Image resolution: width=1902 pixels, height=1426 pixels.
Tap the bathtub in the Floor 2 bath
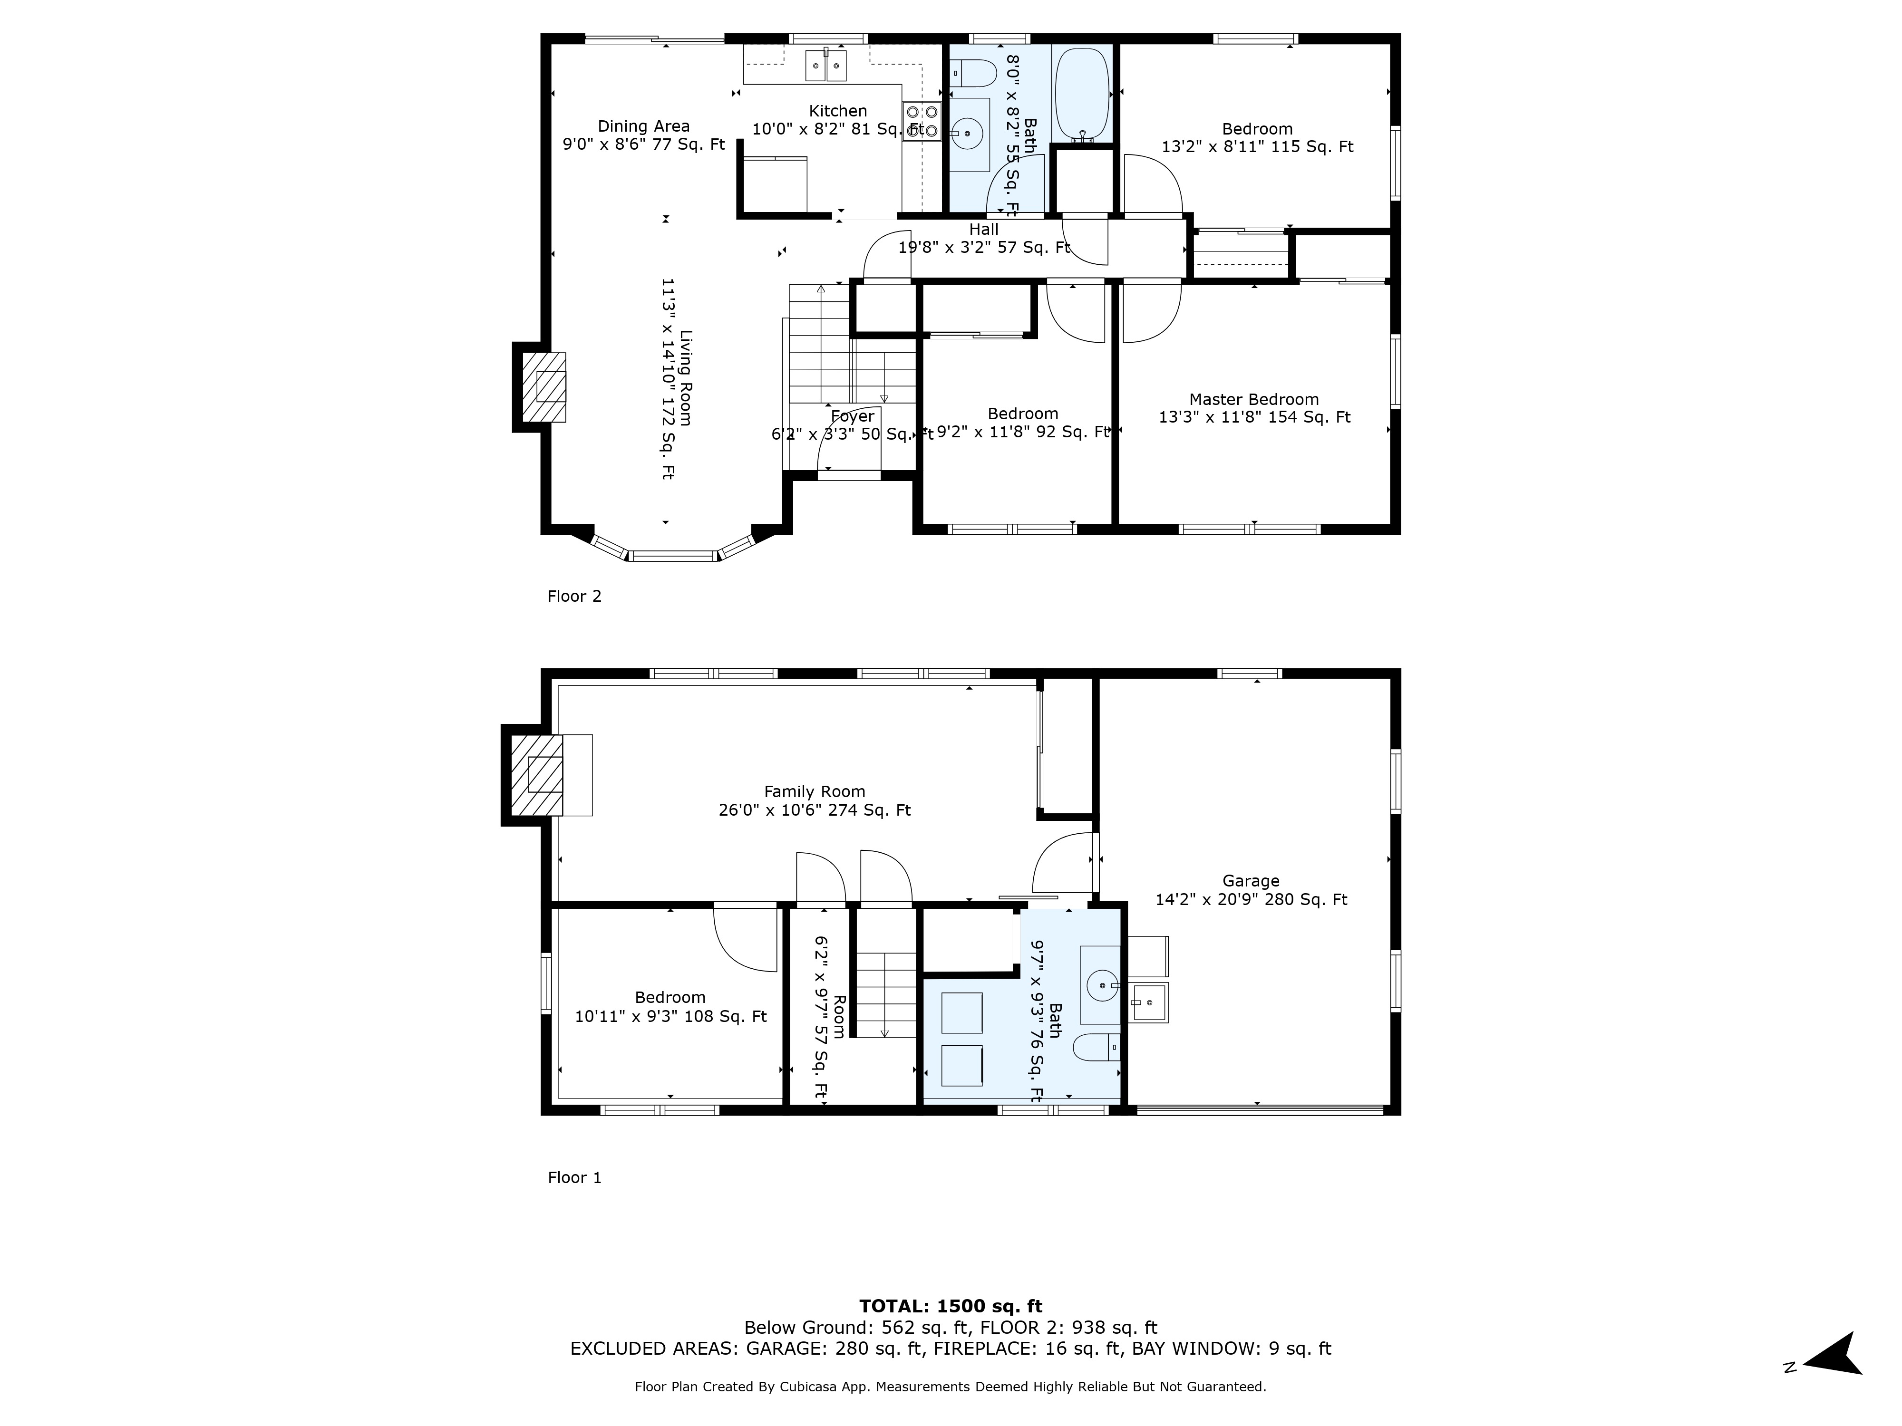(x=1083, y=93)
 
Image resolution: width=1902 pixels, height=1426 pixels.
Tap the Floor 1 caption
(x=574, y=1177)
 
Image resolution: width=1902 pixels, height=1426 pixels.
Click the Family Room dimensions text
(x=814, y=809)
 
